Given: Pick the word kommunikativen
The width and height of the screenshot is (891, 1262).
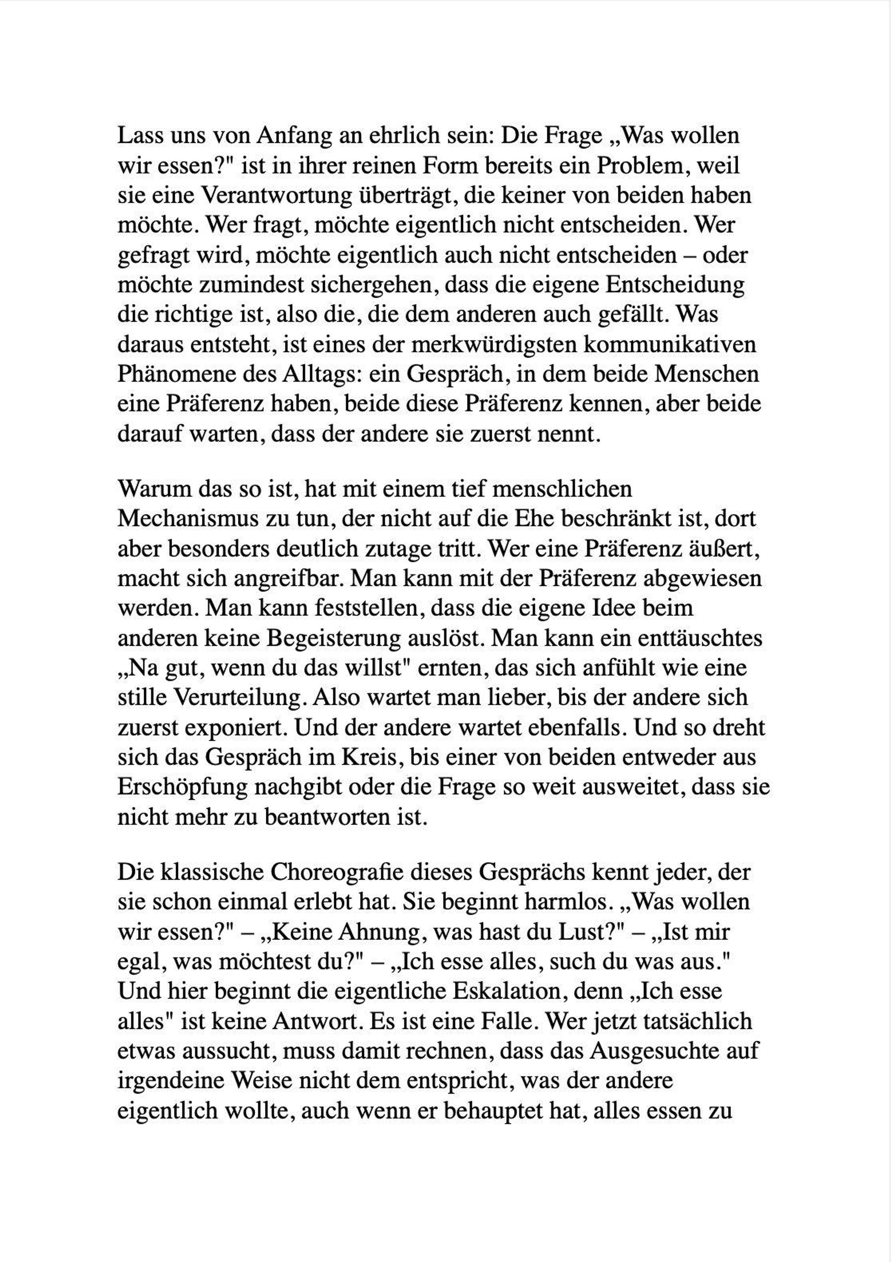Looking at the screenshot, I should click(669, 344).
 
